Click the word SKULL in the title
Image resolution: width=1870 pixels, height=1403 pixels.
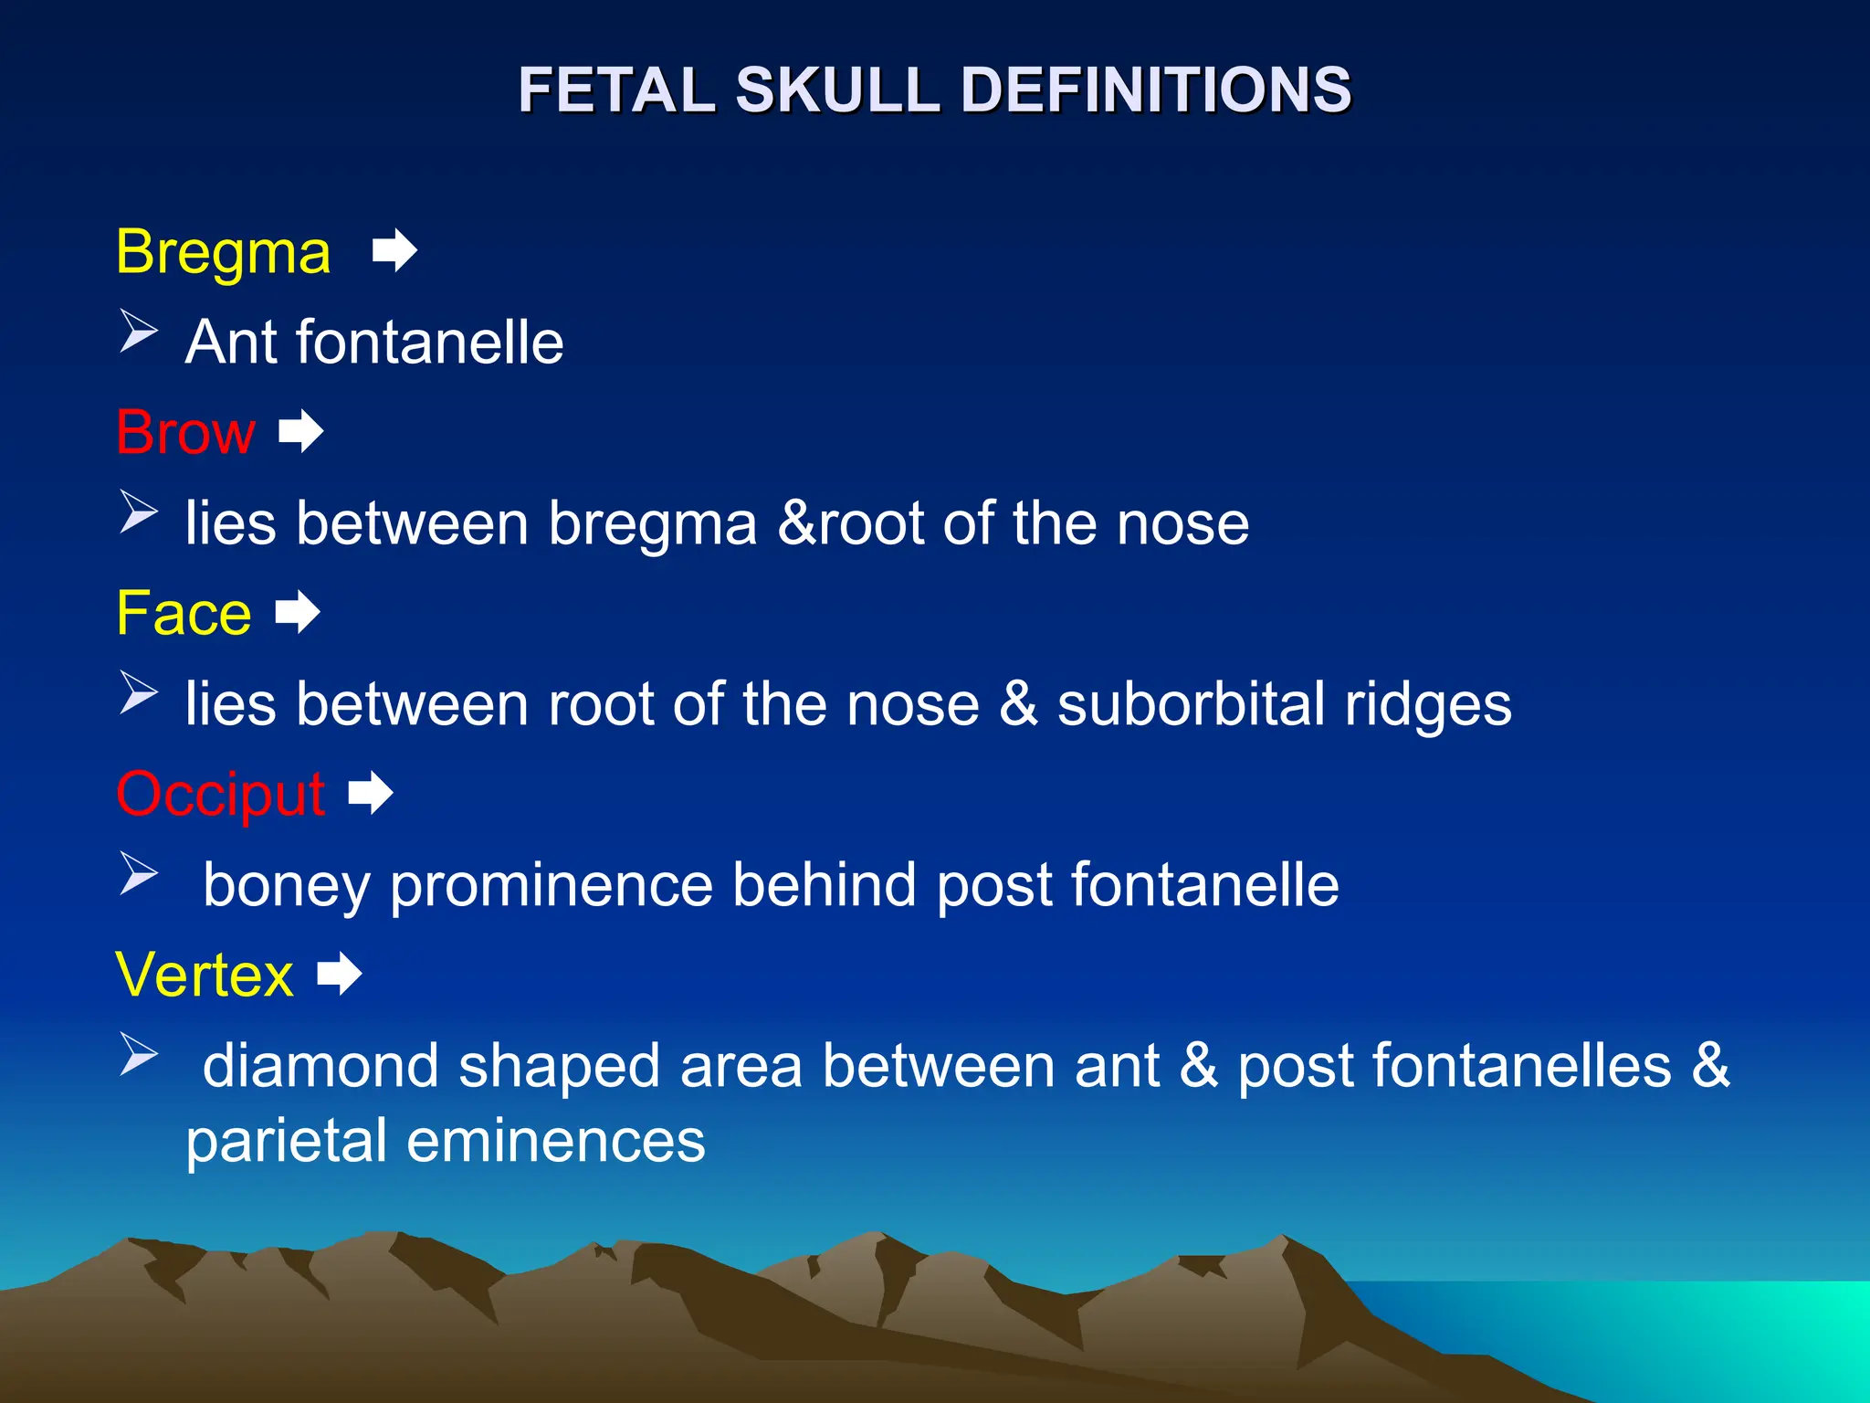[x=837, y=90]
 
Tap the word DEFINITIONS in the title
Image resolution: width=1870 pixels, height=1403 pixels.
[x=1155, y=90]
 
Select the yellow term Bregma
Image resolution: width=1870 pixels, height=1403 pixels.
[x=223, y=252]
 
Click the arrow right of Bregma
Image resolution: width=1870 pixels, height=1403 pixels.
[x=394, y=250]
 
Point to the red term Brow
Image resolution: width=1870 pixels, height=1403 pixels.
[x=185, y=432]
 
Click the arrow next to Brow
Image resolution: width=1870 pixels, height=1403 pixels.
[x=301, y=431]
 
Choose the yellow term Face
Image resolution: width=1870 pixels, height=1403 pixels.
[x=184, y=613]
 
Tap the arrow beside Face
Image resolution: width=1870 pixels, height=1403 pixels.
[x=298, y=612]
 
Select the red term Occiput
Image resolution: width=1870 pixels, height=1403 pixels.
[x=220, y=794]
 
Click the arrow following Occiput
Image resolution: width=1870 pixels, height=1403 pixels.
[x=371, y=793]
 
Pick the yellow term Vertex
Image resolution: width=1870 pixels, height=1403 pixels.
[x=205, y=975]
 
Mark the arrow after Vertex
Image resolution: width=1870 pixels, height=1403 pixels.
[x=340, y=974]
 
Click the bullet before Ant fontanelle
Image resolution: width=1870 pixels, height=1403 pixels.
[x=139, y=331]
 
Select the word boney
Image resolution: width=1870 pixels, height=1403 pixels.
[x=286, y=885]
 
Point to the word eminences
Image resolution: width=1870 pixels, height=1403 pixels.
[x=555, y=1141]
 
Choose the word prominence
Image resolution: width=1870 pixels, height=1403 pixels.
[x=551, y=885]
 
